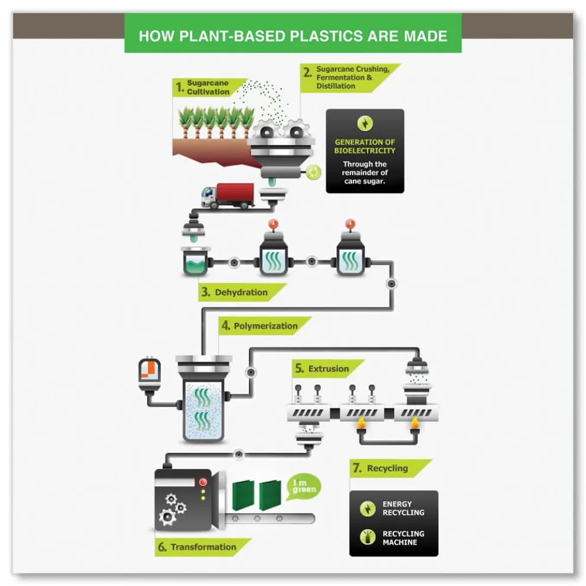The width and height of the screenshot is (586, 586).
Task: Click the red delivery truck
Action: (x=228, y=196)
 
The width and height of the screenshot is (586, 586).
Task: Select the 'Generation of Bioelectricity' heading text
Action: (x=365, y=146)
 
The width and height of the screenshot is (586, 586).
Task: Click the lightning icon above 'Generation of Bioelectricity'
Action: (x=365, y=123)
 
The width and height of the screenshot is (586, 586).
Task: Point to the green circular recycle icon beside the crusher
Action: (x=313, y=172)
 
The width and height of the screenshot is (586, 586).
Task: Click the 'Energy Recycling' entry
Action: (x=403, y=508)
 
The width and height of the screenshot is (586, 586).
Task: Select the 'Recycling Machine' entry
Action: (x=403, y=537)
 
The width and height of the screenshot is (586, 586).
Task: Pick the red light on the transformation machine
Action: (x=203, y=481)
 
